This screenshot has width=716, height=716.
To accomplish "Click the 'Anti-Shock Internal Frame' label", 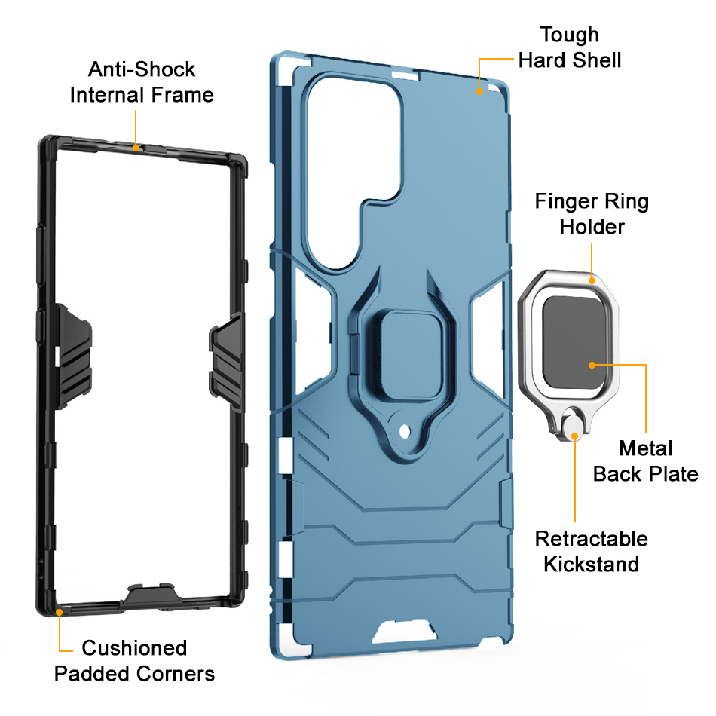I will click(142, 82).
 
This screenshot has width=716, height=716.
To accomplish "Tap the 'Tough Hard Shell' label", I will click(570, 47).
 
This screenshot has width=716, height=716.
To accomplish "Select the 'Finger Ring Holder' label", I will click(592, 214).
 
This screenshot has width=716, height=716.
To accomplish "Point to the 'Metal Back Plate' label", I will click(645, 461).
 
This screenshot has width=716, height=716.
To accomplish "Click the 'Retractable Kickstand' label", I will click(591, 551).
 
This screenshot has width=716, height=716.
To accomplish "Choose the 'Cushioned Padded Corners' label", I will click(134, 660).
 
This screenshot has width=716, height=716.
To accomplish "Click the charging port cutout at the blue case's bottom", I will click(405, 632).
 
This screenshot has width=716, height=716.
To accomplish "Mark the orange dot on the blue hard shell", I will click(479, 91).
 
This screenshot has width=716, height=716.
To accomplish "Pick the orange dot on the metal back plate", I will click(592, 365).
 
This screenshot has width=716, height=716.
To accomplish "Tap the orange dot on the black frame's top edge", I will click(136, 147).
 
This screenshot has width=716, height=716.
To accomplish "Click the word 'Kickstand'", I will click(591, 564).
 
